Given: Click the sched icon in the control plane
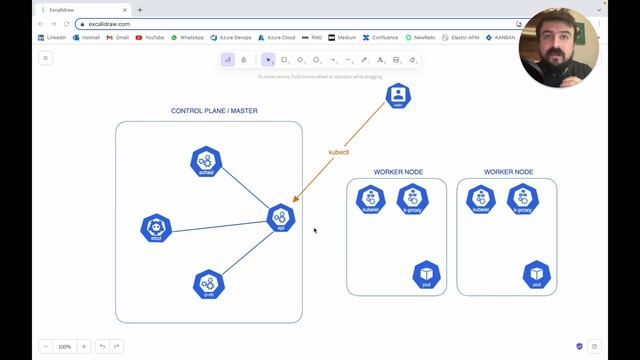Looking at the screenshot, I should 206,161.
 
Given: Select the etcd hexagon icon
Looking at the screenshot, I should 156,228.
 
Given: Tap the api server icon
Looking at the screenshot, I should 281,218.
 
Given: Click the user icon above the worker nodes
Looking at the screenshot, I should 398,96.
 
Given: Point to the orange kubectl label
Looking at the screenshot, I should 339,152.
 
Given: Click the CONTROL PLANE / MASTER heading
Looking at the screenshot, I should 214,111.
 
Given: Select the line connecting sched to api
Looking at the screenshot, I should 244,190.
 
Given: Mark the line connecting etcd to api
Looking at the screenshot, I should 220,223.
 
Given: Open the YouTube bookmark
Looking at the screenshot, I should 149,37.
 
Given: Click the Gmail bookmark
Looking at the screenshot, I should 118,37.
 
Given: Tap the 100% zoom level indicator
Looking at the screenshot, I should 64,346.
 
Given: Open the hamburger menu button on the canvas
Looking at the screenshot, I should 45,59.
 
